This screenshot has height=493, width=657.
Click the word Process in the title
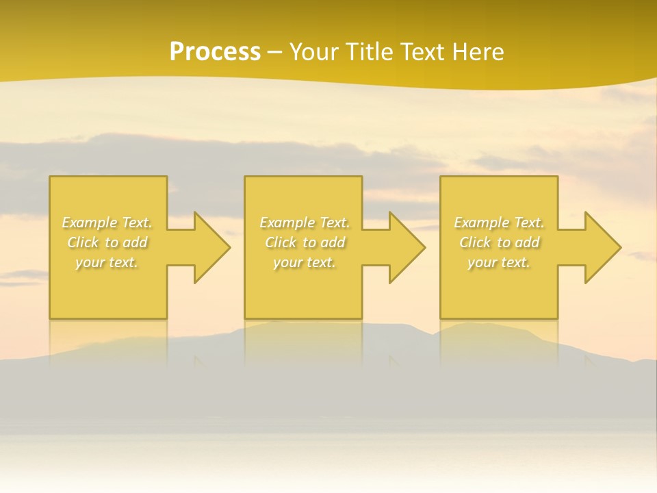[x=215, y=52]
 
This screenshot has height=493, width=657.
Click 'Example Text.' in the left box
[x=107, y=223]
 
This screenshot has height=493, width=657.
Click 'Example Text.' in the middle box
[x=305, y=223]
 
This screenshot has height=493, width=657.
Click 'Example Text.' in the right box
[x=499, y=223]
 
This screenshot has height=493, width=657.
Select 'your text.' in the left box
[x=107, y=262]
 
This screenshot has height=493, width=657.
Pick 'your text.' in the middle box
[x=305, y=262]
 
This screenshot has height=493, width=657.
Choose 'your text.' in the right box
[x=499, y=262]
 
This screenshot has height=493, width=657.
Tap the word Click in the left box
[x=83, y=242]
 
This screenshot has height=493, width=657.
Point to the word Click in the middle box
[x=281, y=242]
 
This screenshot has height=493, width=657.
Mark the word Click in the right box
[x=475, y=242]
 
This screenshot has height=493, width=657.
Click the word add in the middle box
[x=333, y=242]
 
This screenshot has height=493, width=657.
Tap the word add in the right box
[x=527, y=242]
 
